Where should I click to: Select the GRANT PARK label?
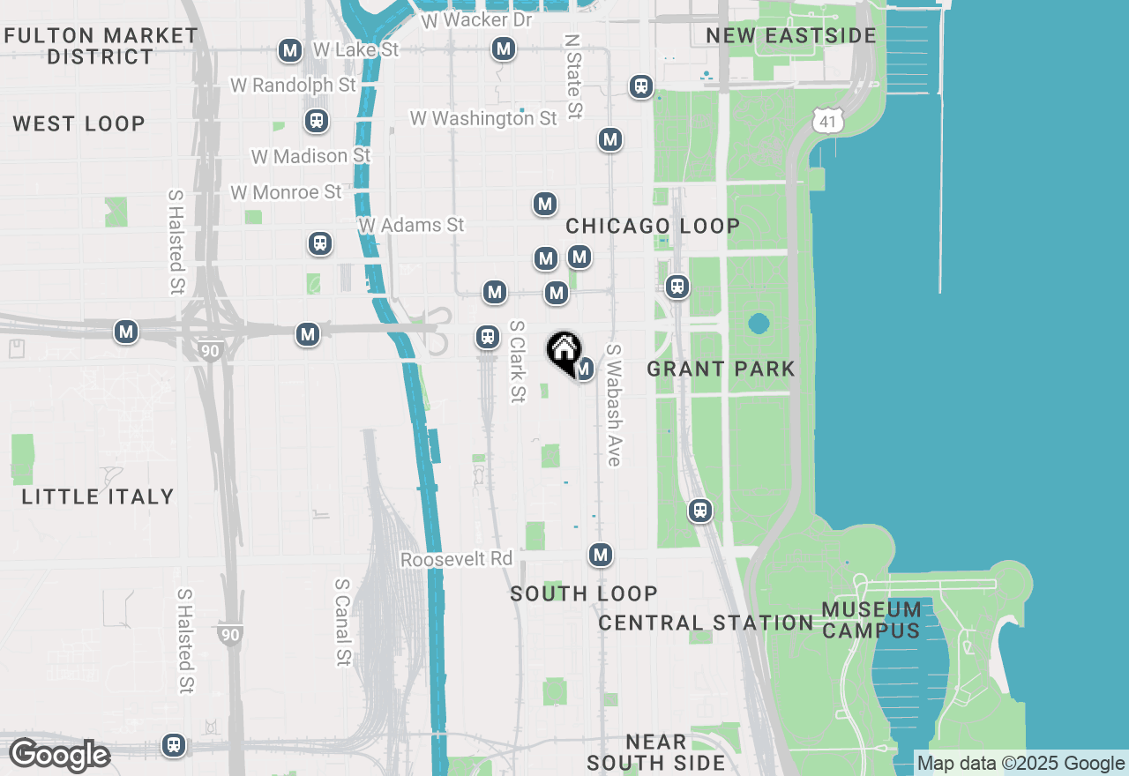(721, 369)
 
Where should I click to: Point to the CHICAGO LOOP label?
(653, 226)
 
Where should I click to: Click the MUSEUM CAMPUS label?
(871, 620)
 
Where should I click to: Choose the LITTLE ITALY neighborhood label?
(98, 496)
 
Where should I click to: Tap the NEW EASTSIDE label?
(791, 35)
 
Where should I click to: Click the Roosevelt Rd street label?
(456, 560)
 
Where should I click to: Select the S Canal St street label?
(343, 623)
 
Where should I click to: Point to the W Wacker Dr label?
(477, 19)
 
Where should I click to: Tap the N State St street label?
(573, 77)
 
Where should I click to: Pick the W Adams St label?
(411, 226)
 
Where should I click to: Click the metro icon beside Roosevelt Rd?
(601, 555)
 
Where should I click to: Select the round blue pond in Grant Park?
(758, 324)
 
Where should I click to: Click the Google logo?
(59, 756)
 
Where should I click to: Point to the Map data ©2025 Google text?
(1021, 764)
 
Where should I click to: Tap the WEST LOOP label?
(79, 123)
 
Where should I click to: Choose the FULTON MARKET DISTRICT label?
(101, 46)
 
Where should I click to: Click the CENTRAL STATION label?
(706, 623)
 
